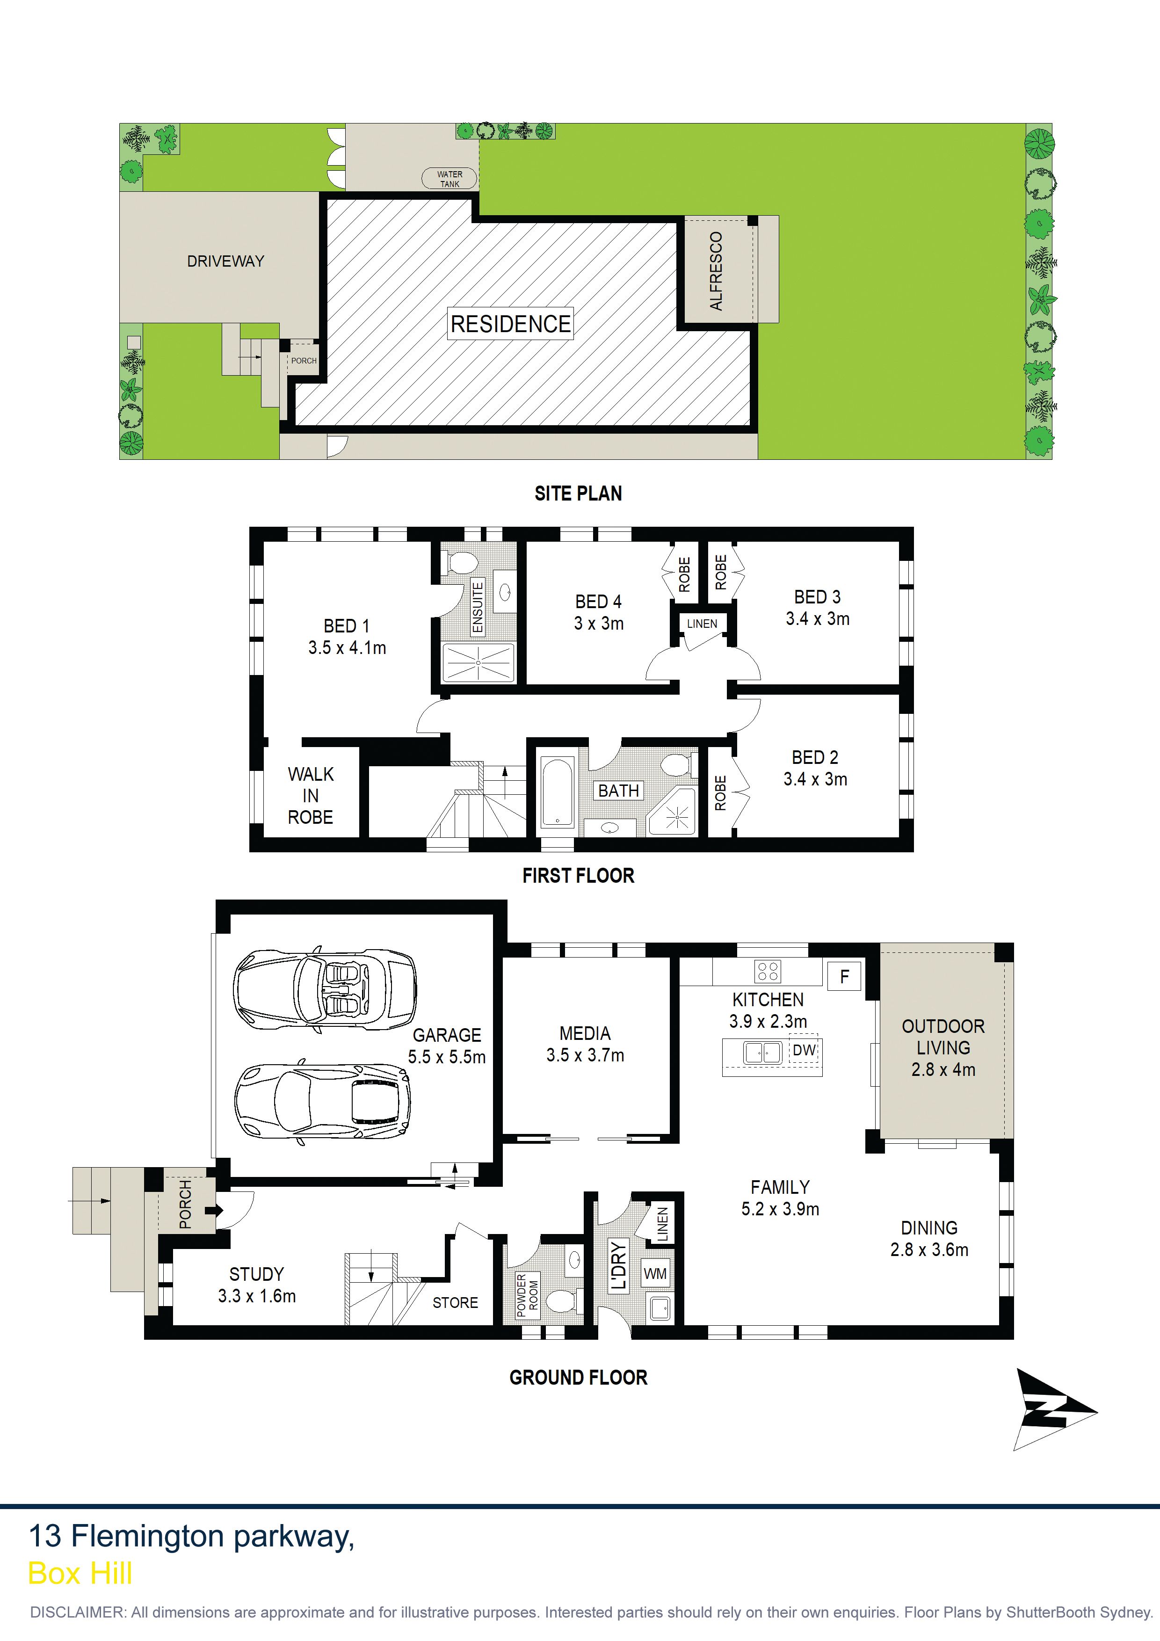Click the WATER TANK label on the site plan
(x=449, y=179)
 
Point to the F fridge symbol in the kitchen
(x=844, y=976)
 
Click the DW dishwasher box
(x=804, y=1050)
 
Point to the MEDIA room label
(x=585, y=1033)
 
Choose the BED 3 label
(x=817, y=597)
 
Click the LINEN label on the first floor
(x=702, y=623)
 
